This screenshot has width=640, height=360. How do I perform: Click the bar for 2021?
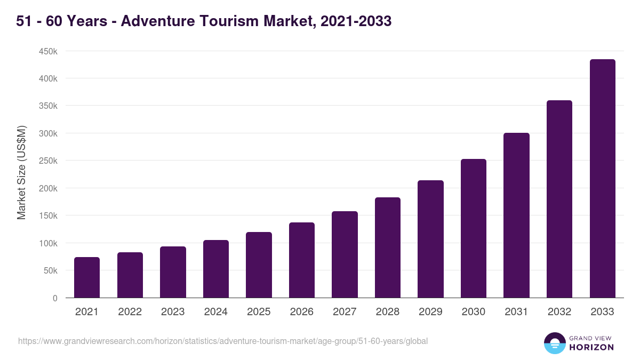(x=87, y=277)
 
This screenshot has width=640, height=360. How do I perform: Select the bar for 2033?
(x=602, y=179)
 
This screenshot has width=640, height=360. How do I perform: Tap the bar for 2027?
(x=345, y=254)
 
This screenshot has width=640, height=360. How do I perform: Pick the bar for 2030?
(x=474, y=228)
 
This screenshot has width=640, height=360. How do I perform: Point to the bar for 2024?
(x=216, y=269)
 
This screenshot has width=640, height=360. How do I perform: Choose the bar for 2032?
(x=559, y=199)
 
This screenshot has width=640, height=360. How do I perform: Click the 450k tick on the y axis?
(x=47, y=51)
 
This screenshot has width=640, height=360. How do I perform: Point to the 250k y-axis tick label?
(x=47, y=161)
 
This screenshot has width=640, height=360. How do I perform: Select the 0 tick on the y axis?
(x=54, y=298)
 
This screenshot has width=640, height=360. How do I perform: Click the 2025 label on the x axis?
(x=259, y=312)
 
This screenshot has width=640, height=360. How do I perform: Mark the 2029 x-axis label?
(x=430, y=312)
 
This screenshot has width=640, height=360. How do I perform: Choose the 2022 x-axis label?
(x=130, y=312)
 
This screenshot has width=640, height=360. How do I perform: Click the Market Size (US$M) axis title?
(x=21, y=172)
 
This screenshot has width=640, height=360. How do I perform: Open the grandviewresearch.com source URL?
(x=223, y=341)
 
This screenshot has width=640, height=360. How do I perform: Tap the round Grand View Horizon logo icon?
(x=554, y=343)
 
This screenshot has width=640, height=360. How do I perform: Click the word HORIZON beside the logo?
(x=592, y=347)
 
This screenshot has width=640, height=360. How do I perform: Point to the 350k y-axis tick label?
(x=47, y=106)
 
